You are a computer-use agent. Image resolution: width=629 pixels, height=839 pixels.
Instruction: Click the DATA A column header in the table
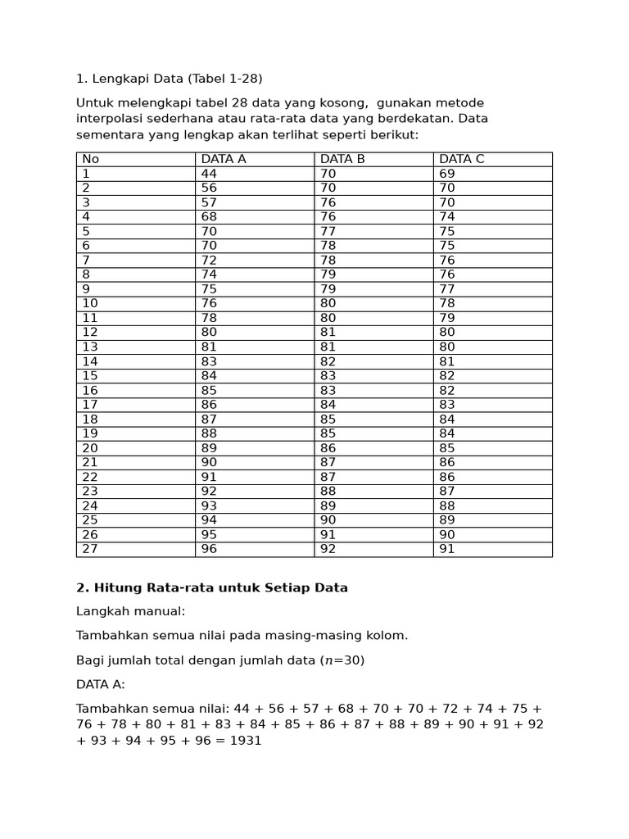tap(223, 159)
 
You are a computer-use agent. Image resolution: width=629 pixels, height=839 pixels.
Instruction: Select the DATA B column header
tap(342, 159)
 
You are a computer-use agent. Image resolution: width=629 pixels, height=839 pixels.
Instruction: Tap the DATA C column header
tap(461, 159)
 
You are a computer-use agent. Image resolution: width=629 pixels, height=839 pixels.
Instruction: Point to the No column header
tap(90, 159)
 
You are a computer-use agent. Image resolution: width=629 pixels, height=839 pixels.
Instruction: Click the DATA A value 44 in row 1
tap(209, 174)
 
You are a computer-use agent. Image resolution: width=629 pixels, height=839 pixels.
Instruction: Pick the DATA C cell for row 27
tap(447, 549)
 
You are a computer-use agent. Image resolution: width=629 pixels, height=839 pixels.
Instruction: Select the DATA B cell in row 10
tap(328, 303)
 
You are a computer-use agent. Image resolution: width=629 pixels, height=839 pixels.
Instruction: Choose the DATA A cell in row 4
tap(209, 217)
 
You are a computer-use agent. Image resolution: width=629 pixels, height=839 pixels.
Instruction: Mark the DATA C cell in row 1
tap(447, 174)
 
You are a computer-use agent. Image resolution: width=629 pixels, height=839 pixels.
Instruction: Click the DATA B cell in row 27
tap(328, 549)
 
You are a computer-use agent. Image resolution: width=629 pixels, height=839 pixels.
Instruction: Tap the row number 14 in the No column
tap(90, 361)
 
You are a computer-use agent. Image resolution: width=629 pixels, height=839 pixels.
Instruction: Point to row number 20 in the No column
tap(90, 448)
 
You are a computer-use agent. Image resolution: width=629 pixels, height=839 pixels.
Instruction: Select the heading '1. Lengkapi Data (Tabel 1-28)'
tap(170, 79)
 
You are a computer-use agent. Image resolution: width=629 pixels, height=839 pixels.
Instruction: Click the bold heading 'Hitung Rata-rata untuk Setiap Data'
tap(221, 587)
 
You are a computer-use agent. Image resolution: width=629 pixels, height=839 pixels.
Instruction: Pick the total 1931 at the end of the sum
tap(245, 741)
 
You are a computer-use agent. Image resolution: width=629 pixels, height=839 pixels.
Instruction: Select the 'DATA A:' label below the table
tap(101, 684)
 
